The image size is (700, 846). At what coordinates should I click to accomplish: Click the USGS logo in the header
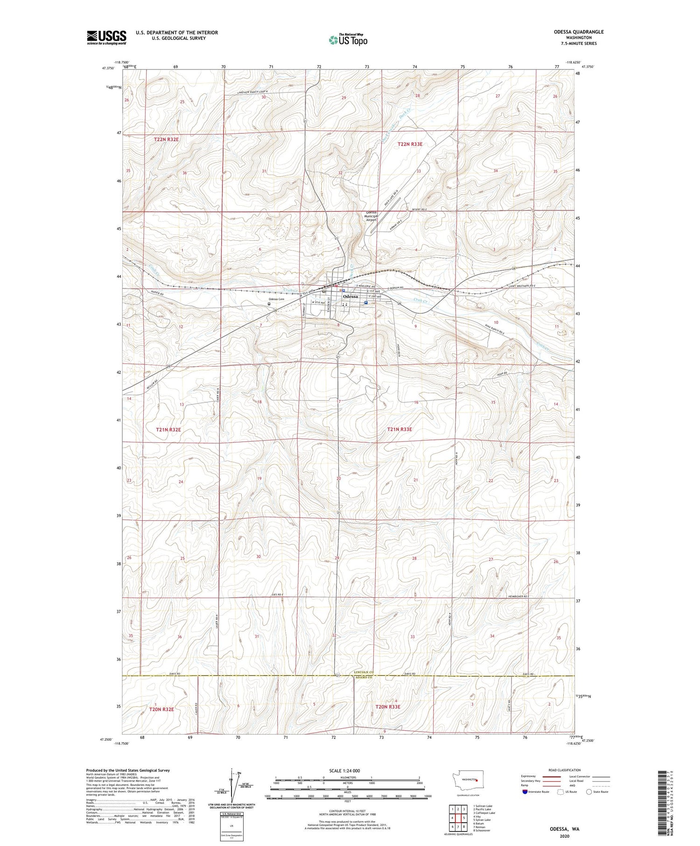click(x=106, y=37)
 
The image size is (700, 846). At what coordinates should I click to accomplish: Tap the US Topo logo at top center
click(x=348, y=40)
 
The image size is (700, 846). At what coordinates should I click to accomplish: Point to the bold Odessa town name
click(x=350, y=296)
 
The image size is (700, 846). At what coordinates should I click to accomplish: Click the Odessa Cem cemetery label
click(x=276, y=299)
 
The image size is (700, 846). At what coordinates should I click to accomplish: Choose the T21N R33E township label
click(x=399, y=429)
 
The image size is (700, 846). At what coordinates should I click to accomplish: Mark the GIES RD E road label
click(x=277, y=594)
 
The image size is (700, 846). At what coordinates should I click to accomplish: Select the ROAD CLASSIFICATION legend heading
click(x=564, y=770)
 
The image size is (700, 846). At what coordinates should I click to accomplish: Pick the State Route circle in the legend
click(x=589, y=791)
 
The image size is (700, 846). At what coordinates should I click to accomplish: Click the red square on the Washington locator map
click(x=477, y=779)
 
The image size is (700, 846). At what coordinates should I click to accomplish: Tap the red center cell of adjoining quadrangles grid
click(x=460, y=818)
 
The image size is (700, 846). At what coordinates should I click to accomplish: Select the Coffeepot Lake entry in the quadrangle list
click(x=484, y=813)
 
